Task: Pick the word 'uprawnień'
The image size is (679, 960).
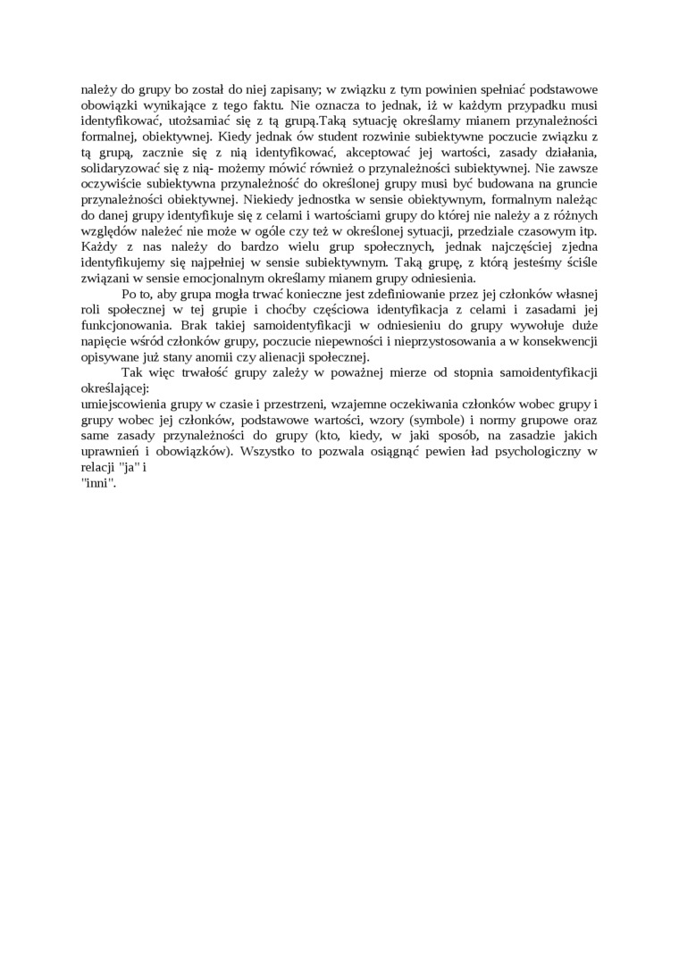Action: (x=109, y=451)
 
